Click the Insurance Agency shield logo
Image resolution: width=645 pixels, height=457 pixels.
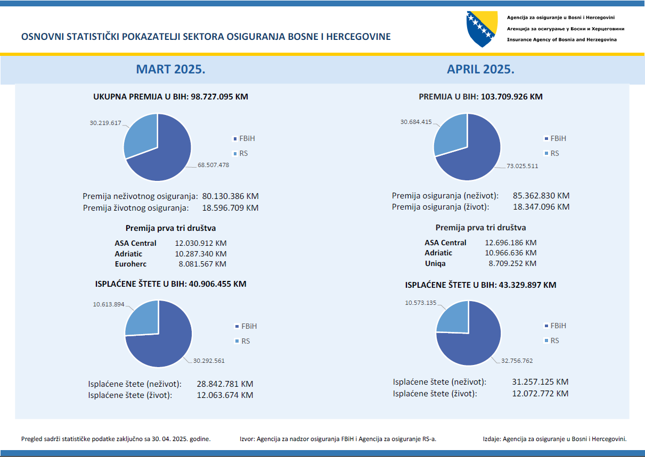coord(482,29)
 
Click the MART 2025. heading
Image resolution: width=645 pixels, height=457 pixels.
coord(171,69)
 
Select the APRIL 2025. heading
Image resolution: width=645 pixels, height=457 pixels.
coord(480,69)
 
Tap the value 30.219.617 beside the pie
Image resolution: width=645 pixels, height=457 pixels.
coord(105,123)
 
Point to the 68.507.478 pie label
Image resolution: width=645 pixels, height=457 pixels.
coord(213,165)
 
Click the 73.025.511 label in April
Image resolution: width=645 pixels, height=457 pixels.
coord(522,166)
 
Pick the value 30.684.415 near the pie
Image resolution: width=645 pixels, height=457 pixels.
coord(416,122)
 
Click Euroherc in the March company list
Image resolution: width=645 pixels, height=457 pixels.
coord(130,264)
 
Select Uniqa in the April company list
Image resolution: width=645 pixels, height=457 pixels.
coord(435,263)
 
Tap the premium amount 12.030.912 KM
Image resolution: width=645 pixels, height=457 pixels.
coord(201,243)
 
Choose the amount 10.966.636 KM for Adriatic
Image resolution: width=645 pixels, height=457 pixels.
coord(511,253)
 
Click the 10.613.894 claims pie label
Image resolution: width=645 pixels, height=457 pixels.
coord(108,304)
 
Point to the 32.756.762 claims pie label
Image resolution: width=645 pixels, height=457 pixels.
coord(517,360)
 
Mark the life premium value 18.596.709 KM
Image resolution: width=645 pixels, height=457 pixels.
coord(230,207)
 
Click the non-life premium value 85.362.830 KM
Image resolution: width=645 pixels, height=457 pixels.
coord(541,196)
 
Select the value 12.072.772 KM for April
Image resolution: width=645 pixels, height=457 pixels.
coord(540,394)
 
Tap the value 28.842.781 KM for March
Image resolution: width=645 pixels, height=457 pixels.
coord(224,384)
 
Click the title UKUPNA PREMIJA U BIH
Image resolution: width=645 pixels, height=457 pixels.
coord(170,97)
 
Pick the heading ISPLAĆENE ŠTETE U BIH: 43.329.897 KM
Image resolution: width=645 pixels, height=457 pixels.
coord(480,285)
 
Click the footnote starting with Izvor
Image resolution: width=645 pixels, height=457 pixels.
coord(338,439)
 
